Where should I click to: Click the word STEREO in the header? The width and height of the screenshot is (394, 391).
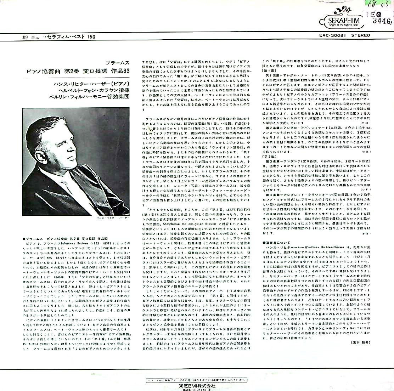(360, 35)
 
